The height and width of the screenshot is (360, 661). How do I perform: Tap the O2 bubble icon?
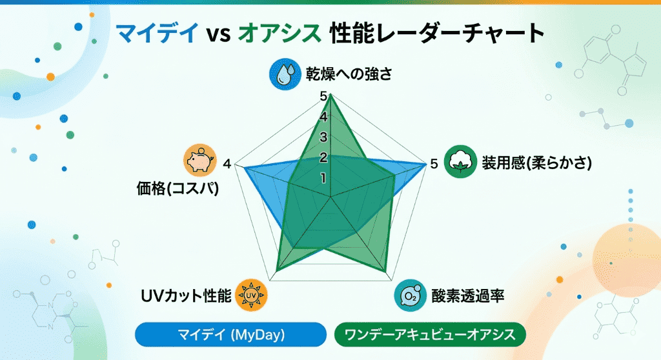410,295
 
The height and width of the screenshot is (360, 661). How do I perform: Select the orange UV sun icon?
252,295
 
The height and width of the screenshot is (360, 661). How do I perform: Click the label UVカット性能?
185,296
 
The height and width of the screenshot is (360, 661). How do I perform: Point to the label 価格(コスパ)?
176,190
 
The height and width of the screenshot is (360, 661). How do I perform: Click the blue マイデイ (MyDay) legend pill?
231,335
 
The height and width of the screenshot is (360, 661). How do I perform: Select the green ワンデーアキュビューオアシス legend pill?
431,335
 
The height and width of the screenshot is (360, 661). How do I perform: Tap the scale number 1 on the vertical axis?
323,178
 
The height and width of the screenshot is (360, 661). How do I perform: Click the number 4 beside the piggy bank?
227,164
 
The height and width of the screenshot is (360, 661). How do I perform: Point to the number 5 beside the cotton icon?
434,164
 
